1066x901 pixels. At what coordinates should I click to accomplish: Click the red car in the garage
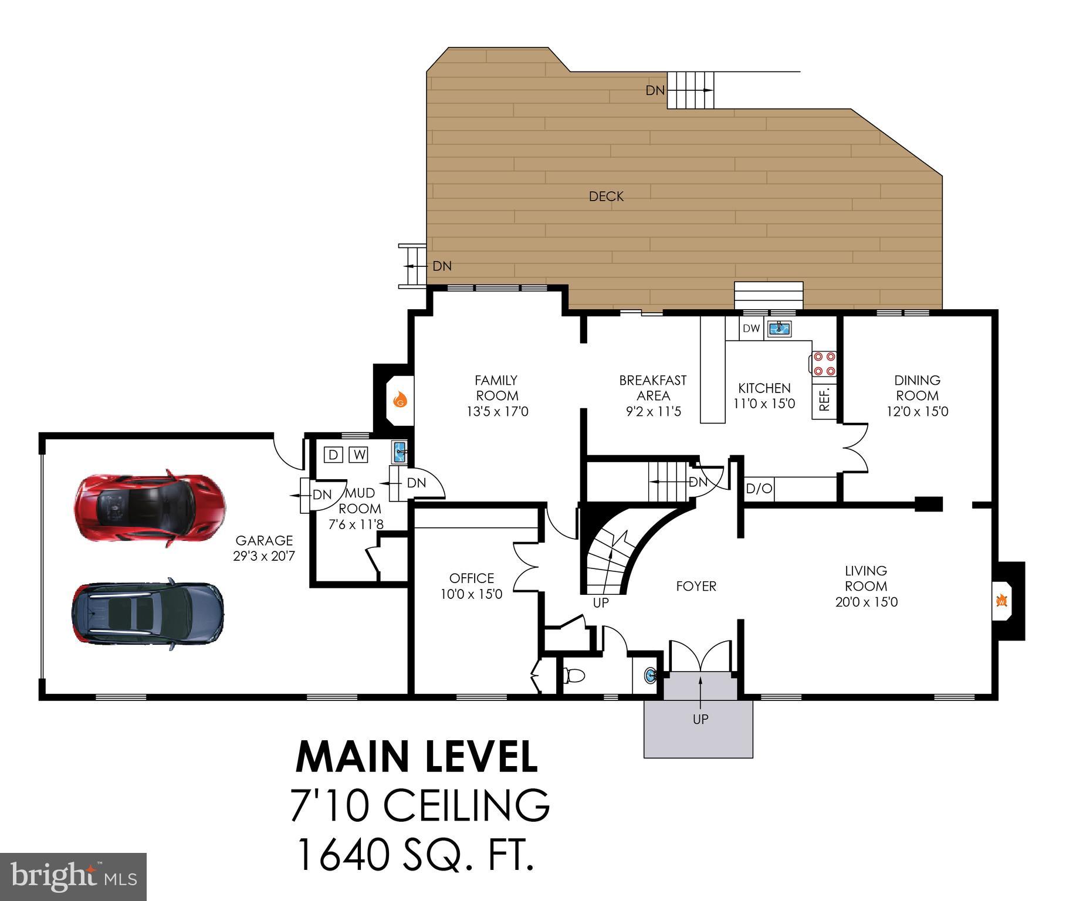(150, 508)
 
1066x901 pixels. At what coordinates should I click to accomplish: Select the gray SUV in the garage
(147, 614)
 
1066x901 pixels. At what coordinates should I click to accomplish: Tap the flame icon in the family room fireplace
(400, 400)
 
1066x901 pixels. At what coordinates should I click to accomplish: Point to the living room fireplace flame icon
(1001, 601)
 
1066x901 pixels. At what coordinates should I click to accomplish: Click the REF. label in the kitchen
(824, 399)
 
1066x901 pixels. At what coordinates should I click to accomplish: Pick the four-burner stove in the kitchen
(824, 363)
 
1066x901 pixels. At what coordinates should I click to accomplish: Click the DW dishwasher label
(751, 328)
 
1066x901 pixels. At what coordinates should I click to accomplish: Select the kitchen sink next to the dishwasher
(780, 328)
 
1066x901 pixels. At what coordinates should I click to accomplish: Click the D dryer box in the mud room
(333, 455)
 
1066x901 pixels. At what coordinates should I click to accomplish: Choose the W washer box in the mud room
(358, 455)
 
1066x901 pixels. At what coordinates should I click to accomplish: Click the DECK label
(606, 197)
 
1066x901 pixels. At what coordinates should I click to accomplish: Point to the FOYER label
(696, 586)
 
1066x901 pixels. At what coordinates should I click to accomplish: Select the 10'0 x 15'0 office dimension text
(471, 594)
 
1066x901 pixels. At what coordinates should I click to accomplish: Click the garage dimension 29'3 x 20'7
(264, 556)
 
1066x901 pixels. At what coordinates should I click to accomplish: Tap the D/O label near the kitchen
(759, 489)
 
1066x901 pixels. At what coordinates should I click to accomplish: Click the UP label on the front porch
(700, 719)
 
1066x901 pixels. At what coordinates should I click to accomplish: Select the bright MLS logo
(73, 876)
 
